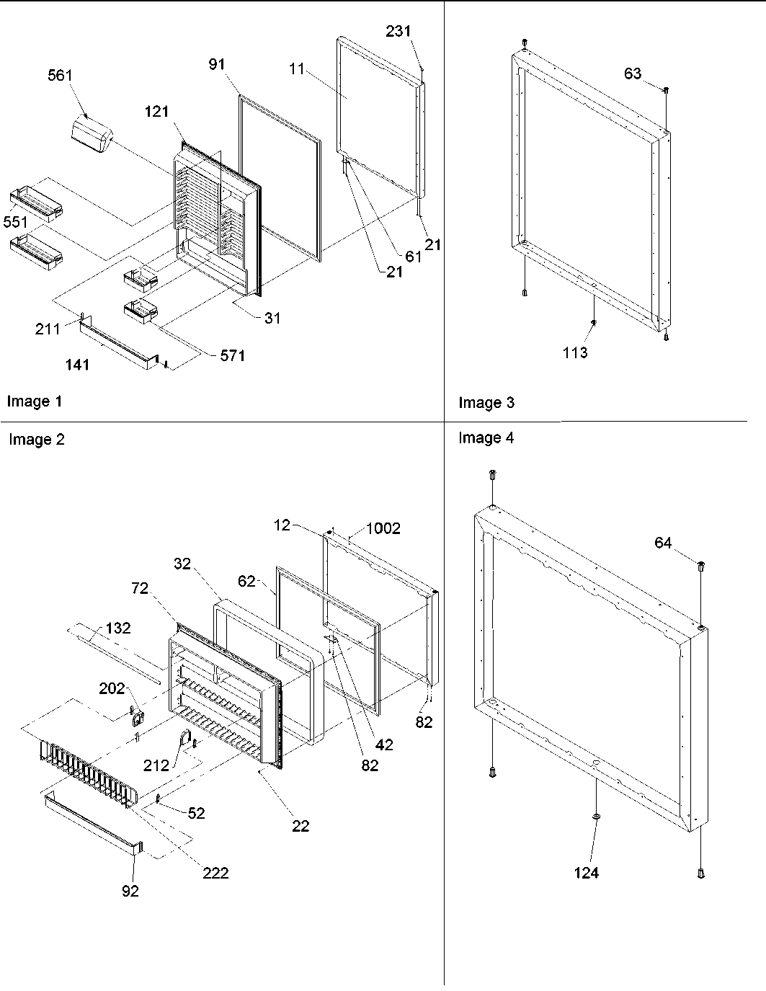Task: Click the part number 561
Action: (x=61, y=76)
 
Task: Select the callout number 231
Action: (x=398, y=31)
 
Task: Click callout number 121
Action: (x=156, y=111)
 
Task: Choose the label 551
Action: (x=15, y=222)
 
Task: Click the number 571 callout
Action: (x=232, y=355)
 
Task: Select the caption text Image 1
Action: (x=34, y=401)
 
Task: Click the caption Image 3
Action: (x=486, y=403)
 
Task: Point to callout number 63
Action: (x=633, y=74)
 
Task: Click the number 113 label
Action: (x=575, y=352)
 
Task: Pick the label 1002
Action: (x=383, y=528)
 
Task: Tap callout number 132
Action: (x=117, y=628)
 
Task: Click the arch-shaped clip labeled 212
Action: (x=184, y=740)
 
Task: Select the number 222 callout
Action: (x=215, y=873)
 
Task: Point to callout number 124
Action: (x=587, y=873)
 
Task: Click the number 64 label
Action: (x=664, y=543)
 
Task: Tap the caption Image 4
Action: (x=486, y=437)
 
